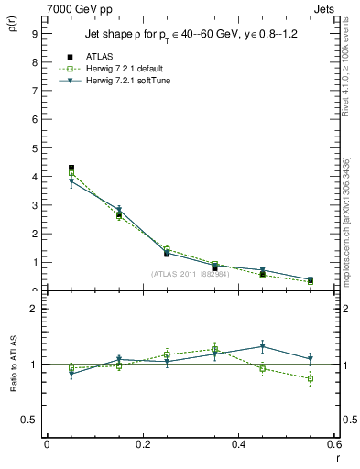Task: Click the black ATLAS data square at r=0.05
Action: [x=71, y=169]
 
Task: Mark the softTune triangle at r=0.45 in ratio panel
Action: [x=263, y=346]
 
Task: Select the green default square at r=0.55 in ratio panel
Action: [x=311, y=378]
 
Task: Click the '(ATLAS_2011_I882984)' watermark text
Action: [x=190, y=274]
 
